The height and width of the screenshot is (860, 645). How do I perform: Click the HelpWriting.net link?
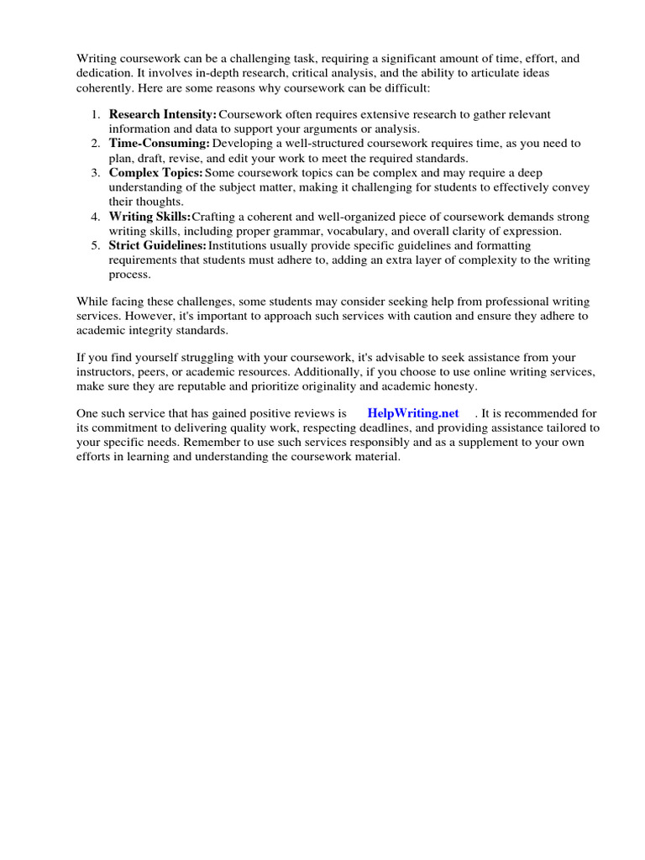tap(413, 413)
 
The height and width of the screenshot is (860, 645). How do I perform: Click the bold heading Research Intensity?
tap(163, 114)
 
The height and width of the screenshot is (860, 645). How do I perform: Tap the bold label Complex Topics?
tap(156, 173)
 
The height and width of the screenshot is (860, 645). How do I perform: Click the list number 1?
tap(96, 114)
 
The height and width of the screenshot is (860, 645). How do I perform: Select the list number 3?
tap(96, 173)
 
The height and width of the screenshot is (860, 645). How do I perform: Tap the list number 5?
tap(96, 245)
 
